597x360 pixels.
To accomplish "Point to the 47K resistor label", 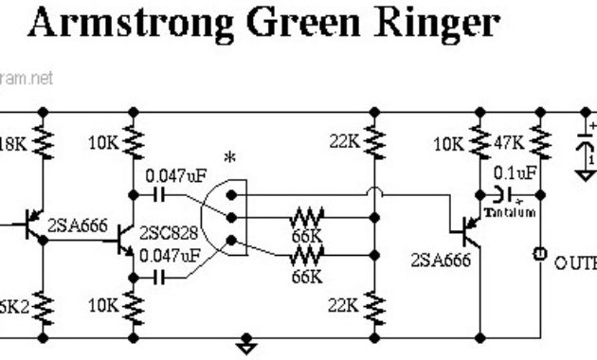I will (510, 144).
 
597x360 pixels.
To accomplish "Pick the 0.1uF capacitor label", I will (516, 173).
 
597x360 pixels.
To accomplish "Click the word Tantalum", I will (510, 213).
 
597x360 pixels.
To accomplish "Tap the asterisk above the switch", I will (229, 157).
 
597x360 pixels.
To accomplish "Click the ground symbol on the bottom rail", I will (247, 344).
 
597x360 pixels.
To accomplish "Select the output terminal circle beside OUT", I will (539, 256).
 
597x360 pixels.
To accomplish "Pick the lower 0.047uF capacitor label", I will (171, 256).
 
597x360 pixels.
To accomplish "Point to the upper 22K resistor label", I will (346, 142).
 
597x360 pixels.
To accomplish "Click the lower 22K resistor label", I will (346, 305).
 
